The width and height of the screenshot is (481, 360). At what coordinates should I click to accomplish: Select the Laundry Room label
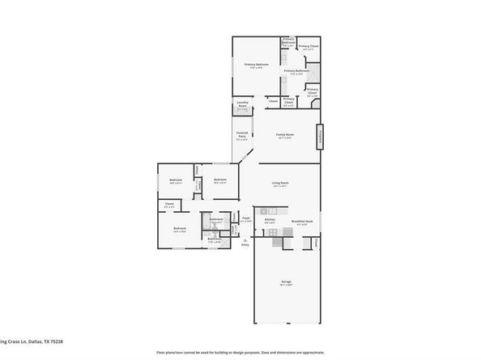[x=241, y=105]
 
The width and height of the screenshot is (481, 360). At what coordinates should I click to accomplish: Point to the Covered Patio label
[x=241, y=135]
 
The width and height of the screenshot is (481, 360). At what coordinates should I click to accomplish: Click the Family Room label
[x=284, y=136]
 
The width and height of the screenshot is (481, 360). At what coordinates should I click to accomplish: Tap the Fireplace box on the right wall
[x=321, y=136]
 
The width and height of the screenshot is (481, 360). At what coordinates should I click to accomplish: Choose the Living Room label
[x=280, y=185]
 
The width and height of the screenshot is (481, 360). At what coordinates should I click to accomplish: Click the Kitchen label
[x=270, y=221]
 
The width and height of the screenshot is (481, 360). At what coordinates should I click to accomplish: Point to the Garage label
[x=286, y=283]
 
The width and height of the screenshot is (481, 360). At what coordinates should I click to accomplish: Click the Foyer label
[x=245, y=219]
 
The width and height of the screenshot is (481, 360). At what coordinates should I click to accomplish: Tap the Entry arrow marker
[x=246, y=248]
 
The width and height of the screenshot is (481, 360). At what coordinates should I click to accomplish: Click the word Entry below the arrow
[x=246, y=253]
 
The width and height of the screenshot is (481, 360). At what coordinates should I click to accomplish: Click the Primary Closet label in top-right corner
[x=309, y=47]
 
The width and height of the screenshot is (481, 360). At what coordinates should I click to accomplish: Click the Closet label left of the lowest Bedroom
[x=168, y=205]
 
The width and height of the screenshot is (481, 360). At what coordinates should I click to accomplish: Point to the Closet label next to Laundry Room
[x=273, y=101]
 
